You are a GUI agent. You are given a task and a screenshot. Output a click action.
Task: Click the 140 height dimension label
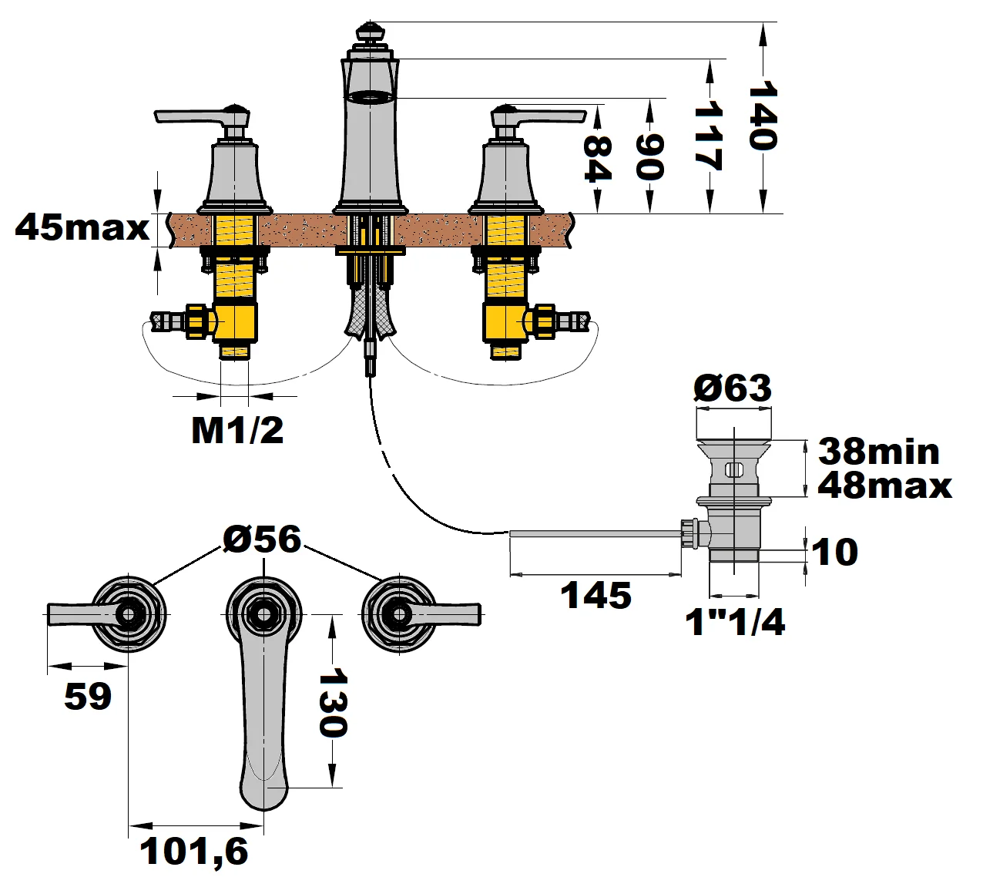coord(762,116)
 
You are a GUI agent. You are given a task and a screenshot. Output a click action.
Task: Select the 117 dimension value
coord(707,136)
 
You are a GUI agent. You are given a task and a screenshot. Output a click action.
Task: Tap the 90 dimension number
coord(649,156)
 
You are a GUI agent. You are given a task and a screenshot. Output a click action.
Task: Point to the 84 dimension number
coord(597,158)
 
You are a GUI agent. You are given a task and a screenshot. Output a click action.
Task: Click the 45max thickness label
coord(82,227)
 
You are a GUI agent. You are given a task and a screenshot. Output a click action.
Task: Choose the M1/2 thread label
coord(237,430)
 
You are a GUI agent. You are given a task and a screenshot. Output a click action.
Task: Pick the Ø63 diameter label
coord(732,388)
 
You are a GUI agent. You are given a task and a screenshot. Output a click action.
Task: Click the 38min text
coord(879,452)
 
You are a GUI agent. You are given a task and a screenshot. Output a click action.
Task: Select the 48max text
coord(884,486)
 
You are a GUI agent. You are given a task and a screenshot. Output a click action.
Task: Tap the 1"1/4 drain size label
coord(735,622)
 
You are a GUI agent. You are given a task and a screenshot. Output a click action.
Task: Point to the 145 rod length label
coord(596,596)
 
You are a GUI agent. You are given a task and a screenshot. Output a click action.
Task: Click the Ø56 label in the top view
coord(262,539)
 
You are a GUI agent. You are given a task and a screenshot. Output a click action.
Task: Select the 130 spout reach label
coord(333,702)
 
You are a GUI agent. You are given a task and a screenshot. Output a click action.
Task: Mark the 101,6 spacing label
coord(194,852)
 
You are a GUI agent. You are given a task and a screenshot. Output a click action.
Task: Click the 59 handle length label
coord(88,697)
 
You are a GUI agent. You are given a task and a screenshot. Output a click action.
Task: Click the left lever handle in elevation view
coord(193,116)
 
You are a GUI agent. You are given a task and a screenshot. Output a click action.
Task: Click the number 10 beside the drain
coord(834,552)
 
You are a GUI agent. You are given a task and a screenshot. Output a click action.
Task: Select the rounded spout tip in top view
coord(264,794)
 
